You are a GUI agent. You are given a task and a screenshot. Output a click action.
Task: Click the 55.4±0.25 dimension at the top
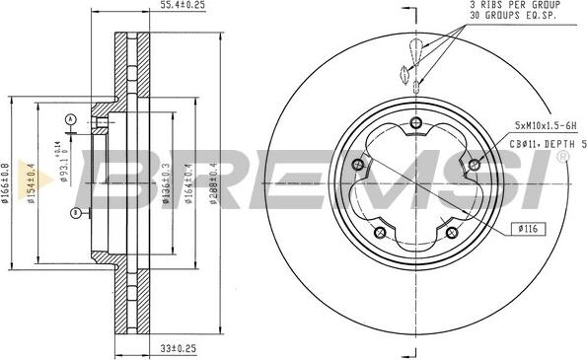(155, 7)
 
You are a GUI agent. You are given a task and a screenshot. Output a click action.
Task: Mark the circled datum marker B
(76, 212)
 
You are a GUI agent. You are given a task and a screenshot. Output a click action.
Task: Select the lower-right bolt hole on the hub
(452, 233)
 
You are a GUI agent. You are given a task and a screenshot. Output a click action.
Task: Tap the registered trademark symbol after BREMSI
(562, 155)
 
